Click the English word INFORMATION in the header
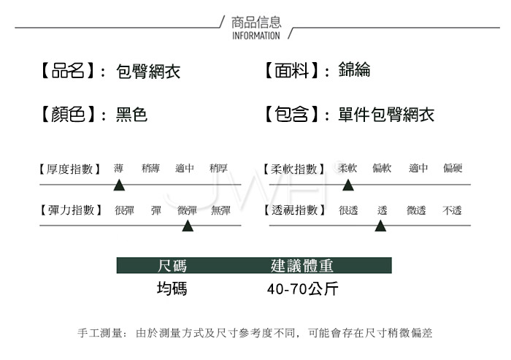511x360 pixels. (x=255, y=36)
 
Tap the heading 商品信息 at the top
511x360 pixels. (x=256, y=22)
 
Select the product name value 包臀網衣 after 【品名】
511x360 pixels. (x=148, y=71)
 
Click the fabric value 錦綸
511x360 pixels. (x=354, y=69)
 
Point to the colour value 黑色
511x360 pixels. (x=132, y=115)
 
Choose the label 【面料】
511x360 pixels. (x=292, y=70)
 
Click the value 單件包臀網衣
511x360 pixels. (x=386, y=115)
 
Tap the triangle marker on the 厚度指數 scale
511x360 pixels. (x=119, y=185)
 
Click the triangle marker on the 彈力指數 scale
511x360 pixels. (x=188, y=226)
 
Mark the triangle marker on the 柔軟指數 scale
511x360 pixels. (x=348, y=185)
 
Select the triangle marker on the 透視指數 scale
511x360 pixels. (x=380, y=226)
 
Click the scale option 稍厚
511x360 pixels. (x=219, y=168)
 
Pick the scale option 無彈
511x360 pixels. (x=220, y=210)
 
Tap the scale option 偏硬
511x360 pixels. (x=453, y=168)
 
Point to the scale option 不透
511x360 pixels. (x=452, y=210)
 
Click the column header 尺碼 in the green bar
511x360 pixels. (x=172, y=266)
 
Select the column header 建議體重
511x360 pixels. (x=302, y=266)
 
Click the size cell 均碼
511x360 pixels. (x=172, y=289)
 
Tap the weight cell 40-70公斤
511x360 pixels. (x=303, y=289)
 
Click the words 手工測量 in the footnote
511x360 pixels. (x=99, y=333)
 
